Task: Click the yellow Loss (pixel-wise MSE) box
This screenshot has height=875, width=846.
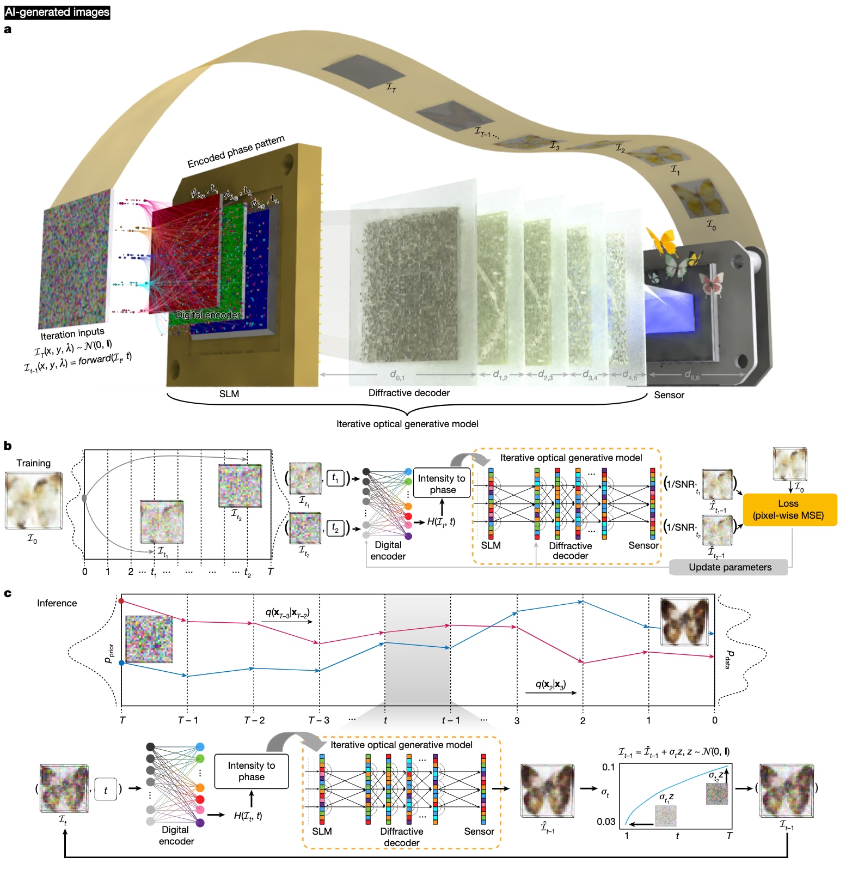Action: coord(789,509)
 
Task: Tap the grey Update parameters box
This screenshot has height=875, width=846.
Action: coord(729,567)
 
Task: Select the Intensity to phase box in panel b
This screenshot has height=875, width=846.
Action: coord(442,483)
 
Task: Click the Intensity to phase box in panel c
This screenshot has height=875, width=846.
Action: coord(252,771)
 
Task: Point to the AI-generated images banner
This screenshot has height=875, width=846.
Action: coord(57,12)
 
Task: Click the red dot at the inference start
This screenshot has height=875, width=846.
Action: coord(121,601)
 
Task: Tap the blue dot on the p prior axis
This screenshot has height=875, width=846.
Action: coord(121,663)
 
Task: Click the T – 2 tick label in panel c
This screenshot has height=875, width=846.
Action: coord(254,720)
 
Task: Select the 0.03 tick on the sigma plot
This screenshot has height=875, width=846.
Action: coord(606,821)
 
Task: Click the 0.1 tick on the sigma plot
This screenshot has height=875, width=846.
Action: coord(608,767)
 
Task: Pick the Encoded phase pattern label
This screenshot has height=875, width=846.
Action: coord(236,151)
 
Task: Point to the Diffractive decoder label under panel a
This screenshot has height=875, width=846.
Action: coord(409,393)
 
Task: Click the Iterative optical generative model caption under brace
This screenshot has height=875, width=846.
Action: coord(407,424)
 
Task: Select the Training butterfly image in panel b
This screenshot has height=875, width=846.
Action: coord(33,500)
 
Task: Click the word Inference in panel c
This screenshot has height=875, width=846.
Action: coord(57,603)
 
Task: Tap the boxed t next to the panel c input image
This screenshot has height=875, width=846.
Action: coord(106,789)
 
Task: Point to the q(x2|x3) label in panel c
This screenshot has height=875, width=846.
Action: coord(550,684)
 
